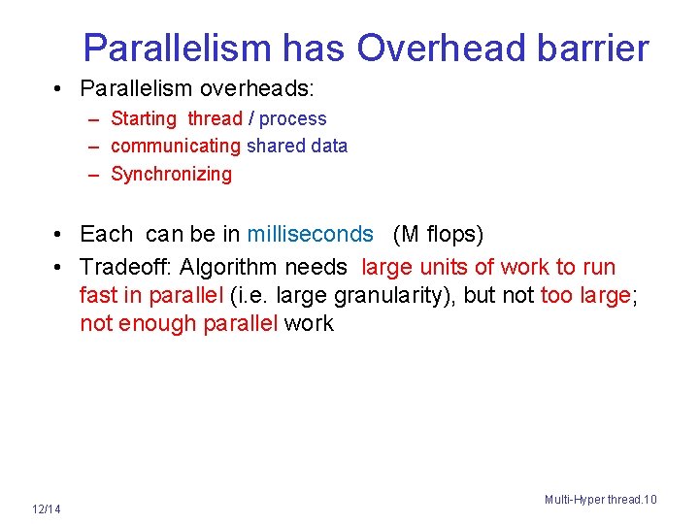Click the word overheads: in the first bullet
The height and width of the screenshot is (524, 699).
257,88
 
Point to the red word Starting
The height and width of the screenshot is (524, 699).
144,118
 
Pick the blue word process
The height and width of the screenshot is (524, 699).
293,118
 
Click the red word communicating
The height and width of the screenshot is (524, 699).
176,146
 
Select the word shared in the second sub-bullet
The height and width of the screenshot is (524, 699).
275,146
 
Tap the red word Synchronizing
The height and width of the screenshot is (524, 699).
172,174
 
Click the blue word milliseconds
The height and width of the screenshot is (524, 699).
310,234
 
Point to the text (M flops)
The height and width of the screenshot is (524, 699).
438,234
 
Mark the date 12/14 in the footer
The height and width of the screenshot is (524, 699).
46,509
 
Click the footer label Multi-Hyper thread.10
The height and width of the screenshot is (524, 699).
600,499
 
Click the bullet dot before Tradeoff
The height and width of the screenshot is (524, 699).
60,267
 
